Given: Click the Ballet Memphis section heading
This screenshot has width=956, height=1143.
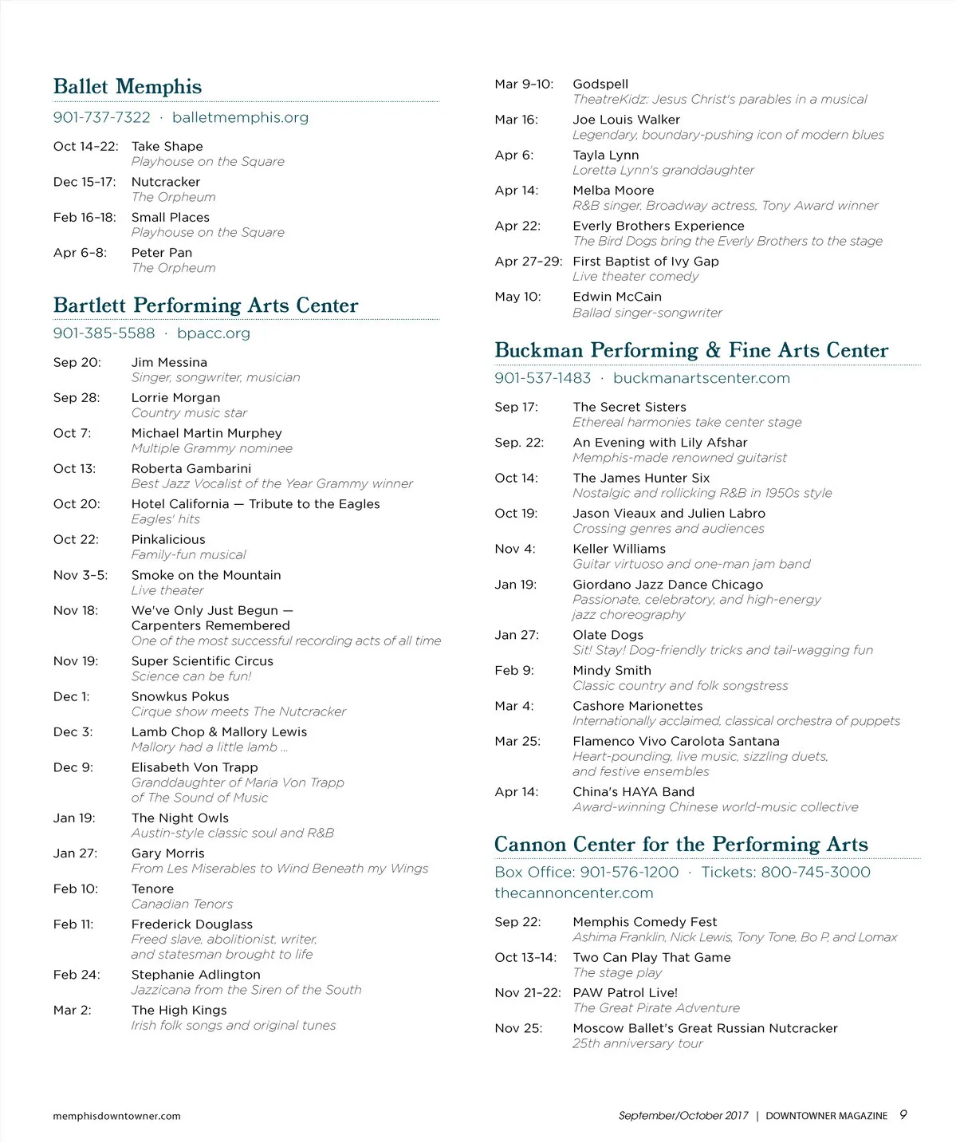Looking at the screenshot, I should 128,86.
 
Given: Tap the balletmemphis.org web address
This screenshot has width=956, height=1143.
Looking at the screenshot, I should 240,117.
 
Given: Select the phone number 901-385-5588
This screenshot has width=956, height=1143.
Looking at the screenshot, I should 104,333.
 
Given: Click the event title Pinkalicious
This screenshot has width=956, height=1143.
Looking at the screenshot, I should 168,539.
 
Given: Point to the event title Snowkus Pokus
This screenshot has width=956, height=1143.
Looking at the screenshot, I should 180,696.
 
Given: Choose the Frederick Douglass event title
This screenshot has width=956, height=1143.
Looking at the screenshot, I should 192,924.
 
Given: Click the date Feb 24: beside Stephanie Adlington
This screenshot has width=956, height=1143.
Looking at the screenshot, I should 77,975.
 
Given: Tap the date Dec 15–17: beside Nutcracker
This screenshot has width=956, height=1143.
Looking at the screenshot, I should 85,182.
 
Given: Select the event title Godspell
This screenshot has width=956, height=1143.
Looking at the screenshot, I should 600,84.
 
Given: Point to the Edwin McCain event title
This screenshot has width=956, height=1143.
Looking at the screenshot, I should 617,297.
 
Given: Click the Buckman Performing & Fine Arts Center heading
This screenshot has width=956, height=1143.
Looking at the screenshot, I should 691,350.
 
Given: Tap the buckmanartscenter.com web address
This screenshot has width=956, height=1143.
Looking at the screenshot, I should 702,378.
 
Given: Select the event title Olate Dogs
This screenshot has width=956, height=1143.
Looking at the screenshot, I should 608,635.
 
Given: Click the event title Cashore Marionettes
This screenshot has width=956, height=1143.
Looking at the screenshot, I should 638,706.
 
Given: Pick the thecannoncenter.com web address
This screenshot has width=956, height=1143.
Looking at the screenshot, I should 574,893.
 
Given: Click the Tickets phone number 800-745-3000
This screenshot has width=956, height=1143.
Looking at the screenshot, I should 816,872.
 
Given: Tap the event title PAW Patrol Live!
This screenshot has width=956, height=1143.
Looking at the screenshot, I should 625,993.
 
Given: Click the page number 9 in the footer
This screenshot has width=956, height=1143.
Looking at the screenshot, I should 903,1115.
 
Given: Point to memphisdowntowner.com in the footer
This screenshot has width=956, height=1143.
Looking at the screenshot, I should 116,1116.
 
